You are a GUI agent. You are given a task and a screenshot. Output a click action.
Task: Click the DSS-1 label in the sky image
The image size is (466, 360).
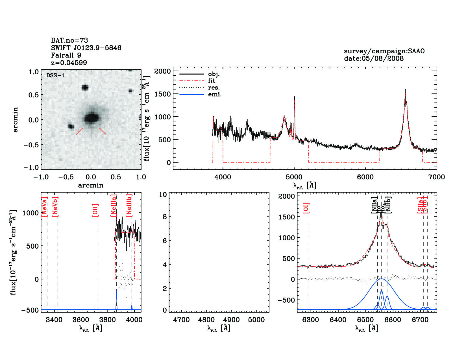[55, 75]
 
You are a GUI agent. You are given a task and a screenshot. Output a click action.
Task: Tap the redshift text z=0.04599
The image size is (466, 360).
[69, 63]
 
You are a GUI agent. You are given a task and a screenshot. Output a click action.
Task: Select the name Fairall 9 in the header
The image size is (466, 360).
[66, 55]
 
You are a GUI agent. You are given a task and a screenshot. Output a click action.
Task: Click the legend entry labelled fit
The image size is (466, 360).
[212, 81]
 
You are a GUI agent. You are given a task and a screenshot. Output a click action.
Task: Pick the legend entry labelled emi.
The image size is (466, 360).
[215, 94]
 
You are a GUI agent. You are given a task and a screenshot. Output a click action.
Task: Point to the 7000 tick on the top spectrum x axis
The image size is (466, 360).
[436, 177]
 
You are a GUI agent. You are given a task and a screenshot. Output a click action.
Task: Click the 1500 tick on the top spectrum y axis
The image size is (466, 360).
[163, 94]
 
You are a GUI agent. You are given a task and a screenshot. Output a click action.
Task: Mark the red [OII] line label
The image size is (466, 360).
[95, 210]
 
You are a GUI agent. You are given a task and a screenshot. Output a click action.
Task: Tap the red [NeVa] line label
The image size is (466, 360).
[44, 207]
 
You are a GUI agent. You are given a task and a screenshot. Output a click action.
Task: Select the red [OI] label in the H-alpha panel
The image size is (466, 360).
[306, 208]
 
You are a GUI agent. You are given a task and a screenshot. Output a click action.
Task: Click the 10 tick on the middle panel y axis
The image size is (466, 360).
[163, 195]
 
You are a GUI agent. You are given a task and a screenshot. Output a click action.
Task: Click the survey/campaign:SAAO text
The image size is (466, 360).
[384, 51]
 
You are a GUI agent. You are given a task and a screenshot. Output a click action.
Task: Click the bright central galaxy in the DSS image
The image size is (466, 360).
[91, 118]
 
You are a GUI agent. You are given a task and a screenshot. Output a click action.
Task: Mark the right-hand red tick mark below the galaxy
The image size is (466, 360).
[103, 131]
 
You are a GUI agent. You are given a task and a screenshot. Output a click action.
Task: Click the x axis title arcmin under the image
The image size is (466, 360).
[91, 186]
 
